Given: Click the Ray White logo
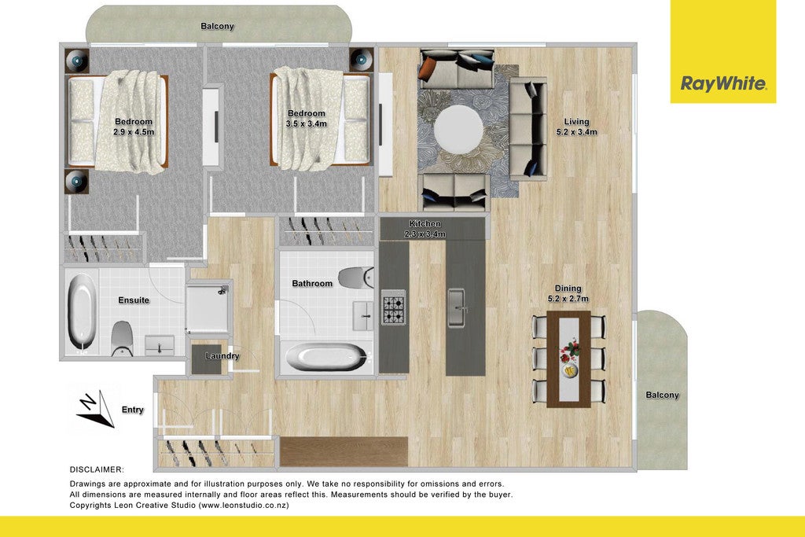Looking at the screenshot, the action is pos(723,83).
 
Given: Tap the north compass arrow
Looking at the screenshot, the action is pos(95,408).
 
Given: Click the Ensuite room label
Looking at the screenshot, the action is pos(134,300).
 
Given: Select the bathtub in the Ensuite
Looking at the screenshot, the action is pos(82,311).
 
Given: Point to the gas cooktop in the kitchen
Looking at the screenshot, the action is pos(394,307).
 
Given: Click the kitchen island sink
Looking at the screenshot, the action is pos(457,308).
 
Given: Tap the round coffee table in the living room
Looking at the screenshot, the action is pos(458,130).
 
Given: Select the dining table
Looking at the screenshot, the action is pos(568,359).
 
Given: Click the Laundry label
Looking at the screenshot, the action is pos(222,356).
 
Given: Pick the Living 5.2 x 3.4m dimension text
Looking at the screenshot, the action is pos(576,127).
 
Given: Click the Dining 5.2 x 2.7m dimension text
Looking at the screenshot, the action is pos(568,293).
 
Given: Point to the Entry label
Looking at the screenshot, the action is pos(132,410).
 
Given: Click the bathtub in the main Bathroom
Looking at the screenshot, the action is pos(326,356).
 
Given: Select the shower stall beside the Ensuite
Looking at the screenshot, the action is pos(208,308).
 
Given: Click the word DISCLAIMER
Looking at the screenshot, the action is pos(97,469).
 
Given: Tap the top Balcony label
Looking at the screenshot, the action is pos(217,26).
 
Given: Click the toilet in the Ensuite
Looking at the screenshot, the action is pos(122,338).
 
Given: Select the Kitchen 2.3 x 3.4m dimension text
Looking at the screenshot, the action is pos(425,229).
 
